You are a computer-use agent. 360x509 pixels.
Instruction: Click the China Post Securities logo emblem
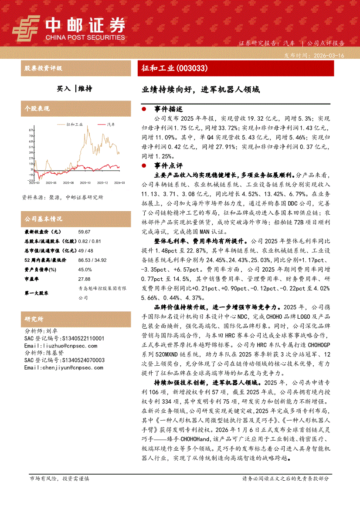[x=27, y=29]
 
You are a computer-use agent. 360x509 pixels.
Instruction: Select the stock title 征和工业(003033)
[x=174, y=68]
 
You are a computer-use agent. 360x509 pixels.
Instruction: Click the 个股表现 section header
[x=37, y=108]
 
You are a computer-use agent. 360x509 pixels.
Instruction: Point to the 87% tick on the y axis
[x=31, y=130]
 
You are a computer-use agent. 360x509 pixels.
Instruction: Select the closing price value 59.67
[x=84, y=232]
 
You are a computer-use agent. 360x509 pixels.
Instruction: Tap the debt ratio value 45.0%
[x=84, y=270]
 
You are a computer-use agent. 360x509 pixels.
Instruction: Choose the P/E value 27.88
[x=84, y=279]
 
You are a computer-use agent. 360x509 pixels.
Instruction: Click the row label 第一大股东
[x=37, y=293]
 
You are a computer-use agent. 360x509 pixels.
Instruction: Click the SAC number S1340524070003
[x=76, y=360]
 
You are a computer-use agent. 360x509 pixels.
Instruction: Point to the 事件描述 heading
[x=168, y=109]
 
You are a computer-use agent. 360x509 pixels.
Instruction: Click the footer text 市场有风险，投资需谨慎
[x=59, y=478]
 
